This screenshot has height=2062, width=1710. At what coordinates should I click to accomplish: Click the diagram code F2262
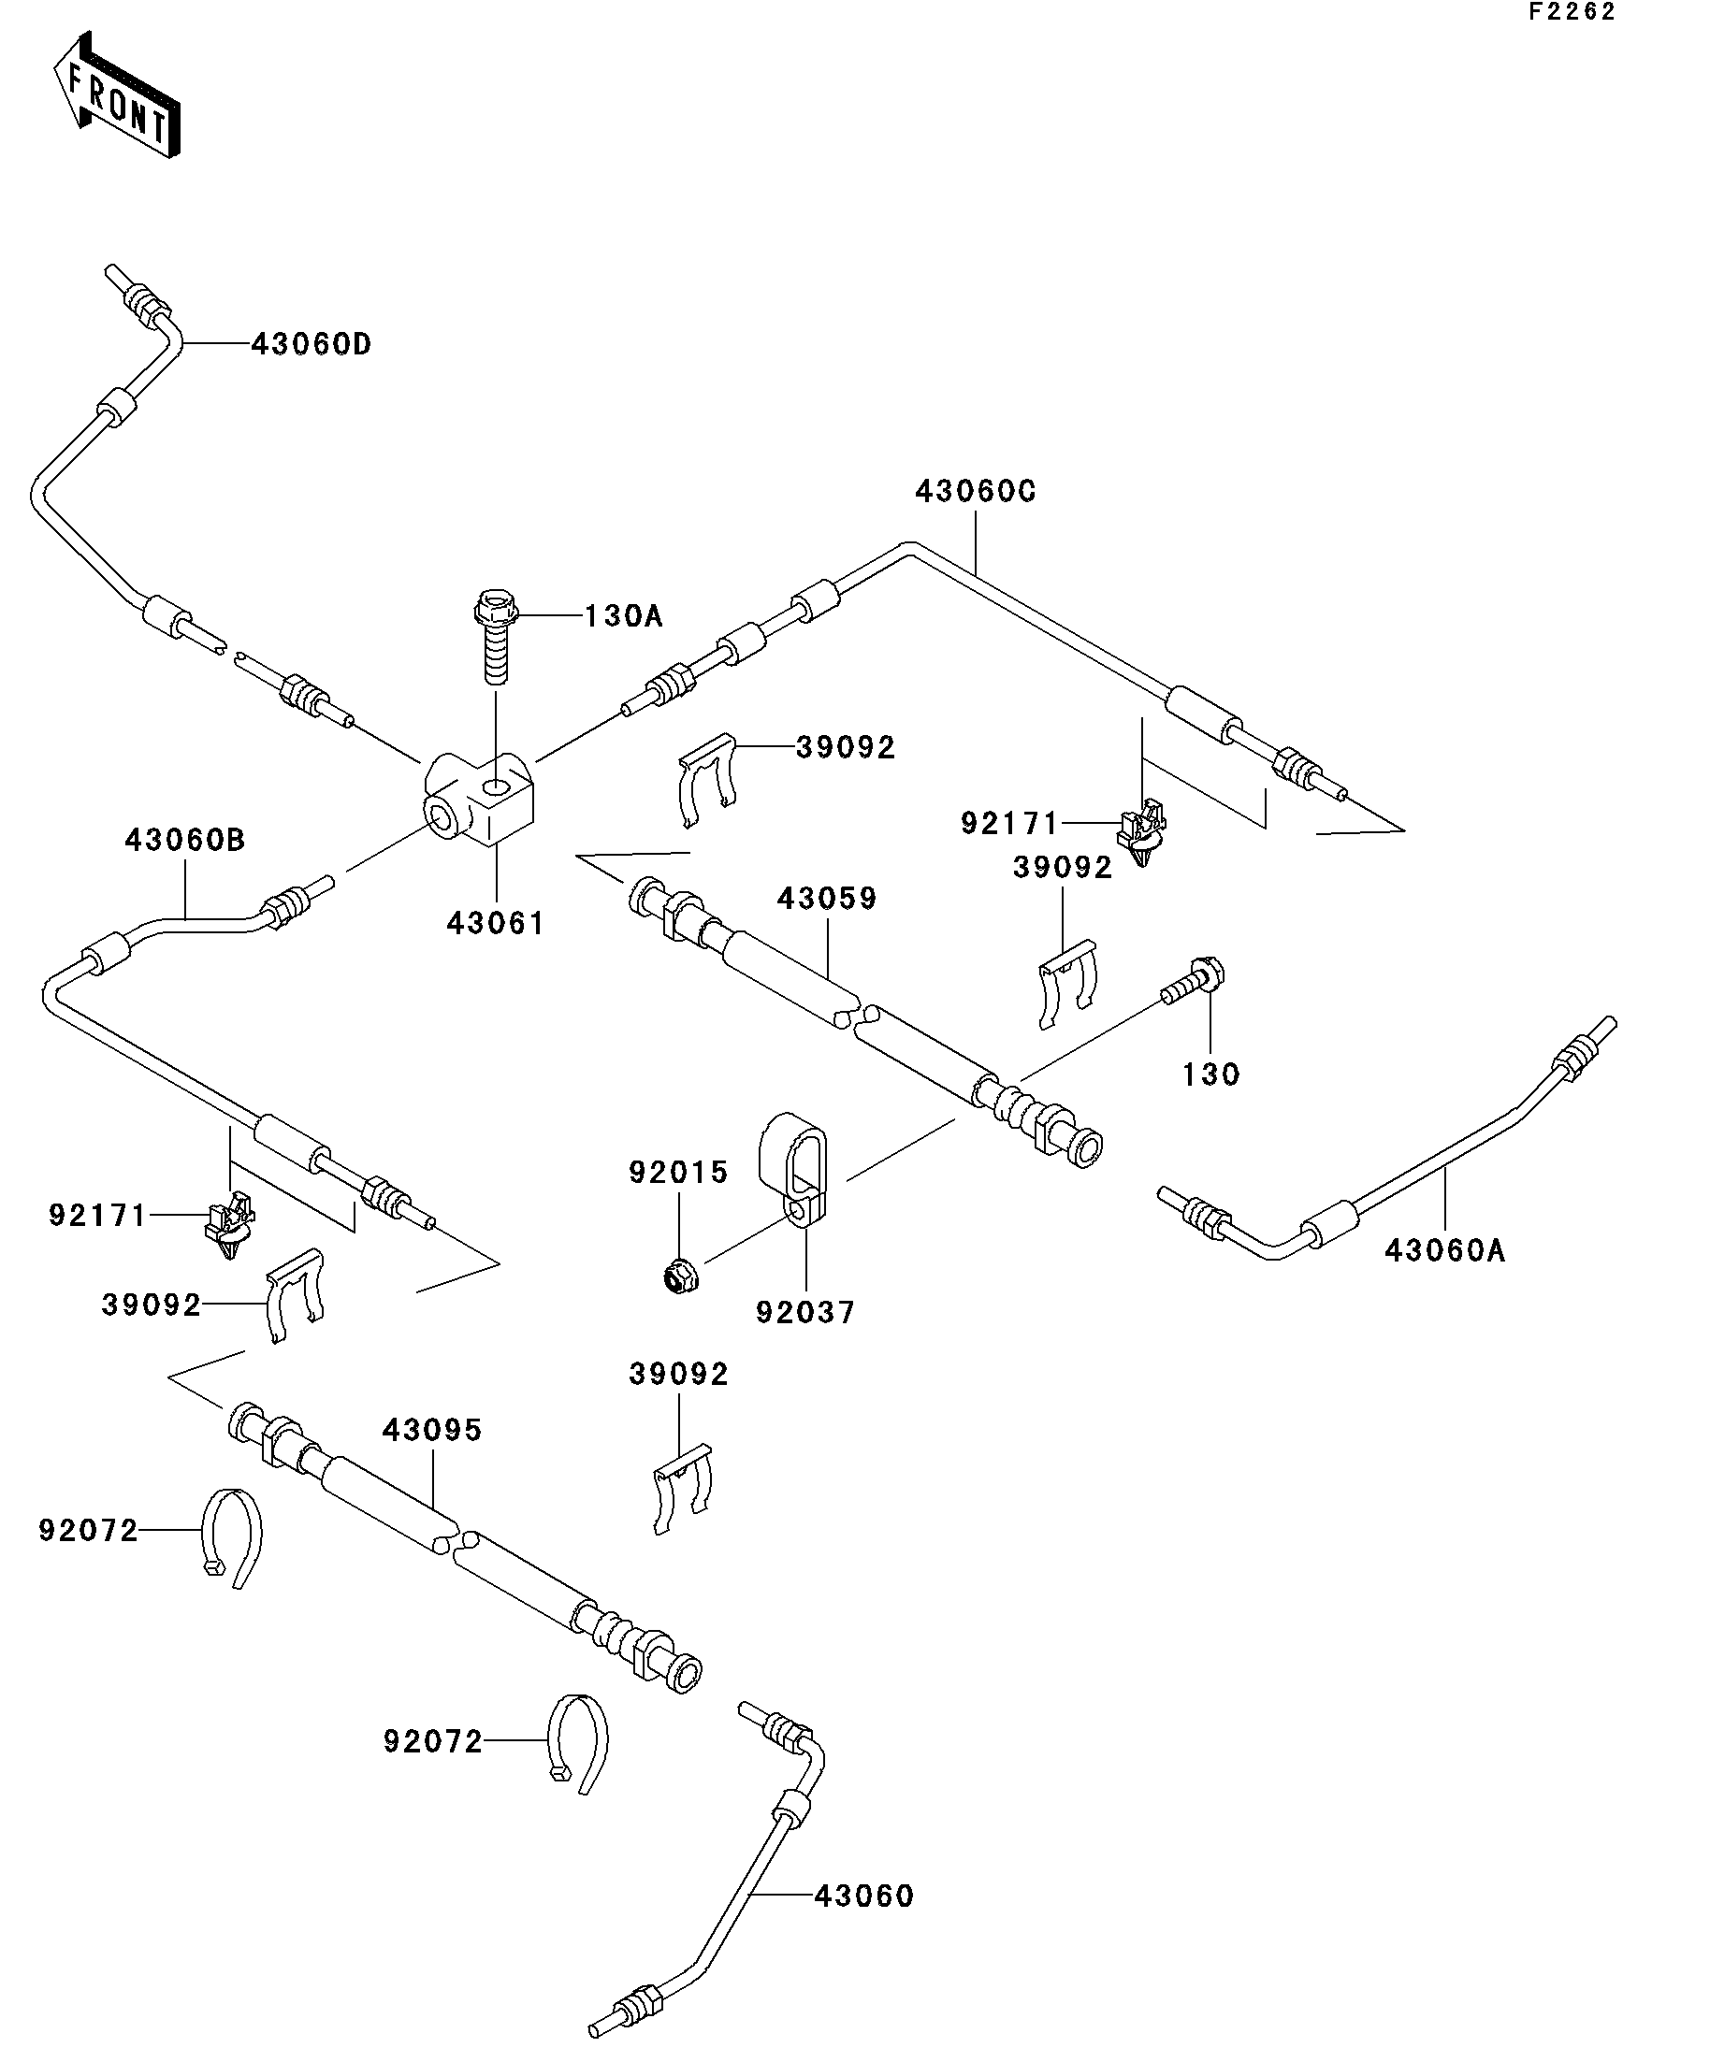coord(1572,12)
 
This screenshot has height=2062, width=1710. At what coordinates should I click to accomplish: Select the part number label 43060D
coord(312,345)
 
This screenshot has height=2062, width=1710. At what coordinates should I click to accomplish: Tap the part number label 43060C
coord(976,491)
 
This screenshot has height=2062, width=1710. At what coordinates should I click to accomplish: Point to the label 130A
coord(624,616)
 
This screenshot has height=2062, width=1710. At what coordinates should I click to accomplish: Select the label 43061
coord(495,923)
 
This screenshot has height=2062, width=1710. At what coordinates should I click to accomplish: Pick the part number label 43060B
coord(184,841)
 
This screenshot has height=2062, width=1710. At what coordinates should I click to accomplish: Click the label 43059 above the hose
coord(827,899)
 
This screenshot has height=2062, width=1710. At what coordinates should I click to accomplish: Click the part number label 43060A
coord(1445,1250)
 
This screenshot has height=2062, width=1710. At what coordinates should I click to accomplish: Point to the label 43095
coord(432,1430)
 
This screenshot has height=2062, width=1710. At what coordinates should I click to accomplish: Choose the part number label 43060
coord(864,1896)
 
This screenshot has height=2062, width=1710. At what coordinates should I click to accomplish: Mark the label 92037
coord(805,1312)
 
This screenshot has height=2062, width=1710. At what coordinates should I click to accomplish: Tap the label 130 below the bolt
coord(1211,1074)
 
